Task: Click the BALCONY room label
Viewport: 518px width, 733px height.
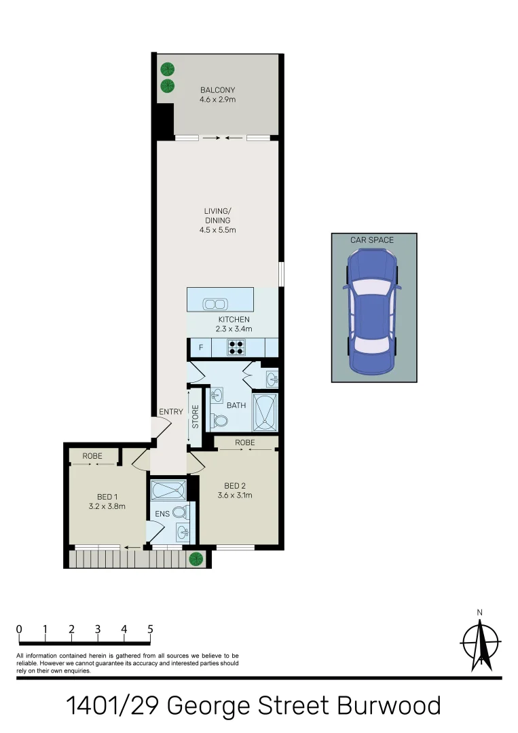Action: pyautogui.click(x=217, y=90)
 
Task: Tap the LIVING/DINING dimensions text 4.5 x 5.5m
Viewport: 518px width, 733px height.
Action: pyautogui.click(x=217, y=230)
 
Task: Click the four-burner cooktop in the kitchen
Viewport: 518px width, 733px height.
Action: pyautogui.click(x=236, y=347)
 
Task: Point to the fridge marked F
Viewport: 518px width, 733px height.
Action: pyautogui.click(x=200, y=348)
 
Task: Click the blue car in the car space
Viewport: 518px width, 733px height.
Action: pyautogui.click(x=373, y=311)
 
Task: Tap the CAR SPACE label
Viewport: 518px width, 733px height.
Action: pyautogui.click(x=371, y=240)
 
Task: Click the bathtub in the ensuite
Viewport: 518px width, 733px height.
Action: pyautogui.click(x=167, y=489)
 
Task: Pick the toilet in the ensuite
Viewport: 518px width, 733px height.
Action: pyautogui.click(x=179, y=512)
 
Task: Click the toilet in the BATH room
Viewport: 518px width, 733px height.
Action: pyautogui.click(x=219, y=420)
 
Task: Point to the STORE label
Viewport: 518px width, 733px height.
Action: pyautogui.click(x=196, y=417)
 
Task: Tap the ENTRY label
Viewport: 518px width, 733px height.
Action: pyautogui.click(x=171, y=411)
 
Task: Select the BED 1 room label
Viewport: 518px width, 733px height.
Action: pyautogui.click(x=107, y=496)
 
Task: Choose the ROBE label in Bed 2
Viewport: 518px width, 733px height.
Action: pyautogui.click(x=245, y=442)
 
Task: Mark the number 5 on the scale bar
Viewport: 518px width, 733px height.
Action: pyautogui.click(x=150, y=629)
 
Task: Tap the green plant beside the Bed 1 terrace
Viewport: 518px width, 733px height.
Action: pyautogui.click(x=196, y=559)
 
